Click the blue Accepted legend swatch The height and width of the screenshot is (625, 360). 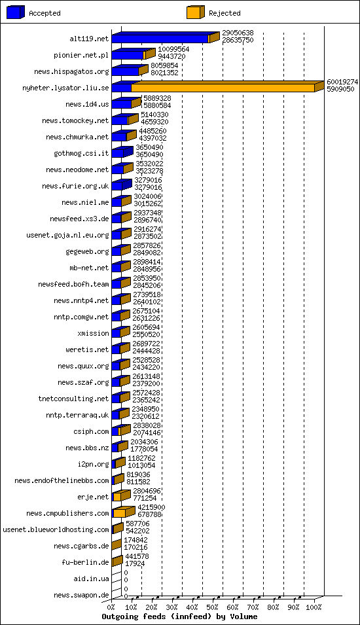click(x=16, y=12)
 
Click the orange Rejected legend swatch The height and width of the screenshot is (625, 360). click(x=195, y=12)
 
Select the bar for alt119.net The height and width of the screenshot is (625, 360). click(x=160, y=39)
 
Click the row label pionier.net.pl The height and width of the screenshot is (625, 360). click(x=81, y=55)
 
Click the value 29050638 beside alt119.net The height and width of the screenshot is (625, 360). click(x=238, y=33)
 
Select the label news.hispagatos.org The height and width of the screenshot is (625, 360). click(x=71, y=71)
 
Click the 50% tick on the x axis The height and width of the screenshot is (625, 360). click(x=213, y=607)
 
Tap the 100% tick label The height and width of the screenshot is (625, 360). click(x=314, y=607)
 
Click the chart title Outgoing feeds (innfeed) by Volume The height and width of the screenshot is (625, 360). click(x=179, y=616)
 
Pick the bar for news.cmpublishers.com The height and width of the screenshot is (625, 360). click(x=120, y=513)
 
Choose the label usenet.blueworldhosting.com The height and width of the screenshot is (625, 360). click(x=56, y=529)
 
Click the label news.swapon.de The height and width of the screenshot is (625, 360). click(x=81, y=595)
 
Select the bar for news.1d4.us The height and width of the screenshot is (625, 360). click(x=122, y=104)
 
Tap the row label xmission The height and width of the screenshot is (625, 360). click(x=93, y=333)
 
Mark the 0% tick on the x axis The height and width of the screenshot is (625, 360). click(x=112, y=607)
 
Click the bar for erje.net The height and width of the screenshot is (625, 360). click(x=117, y=497)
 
